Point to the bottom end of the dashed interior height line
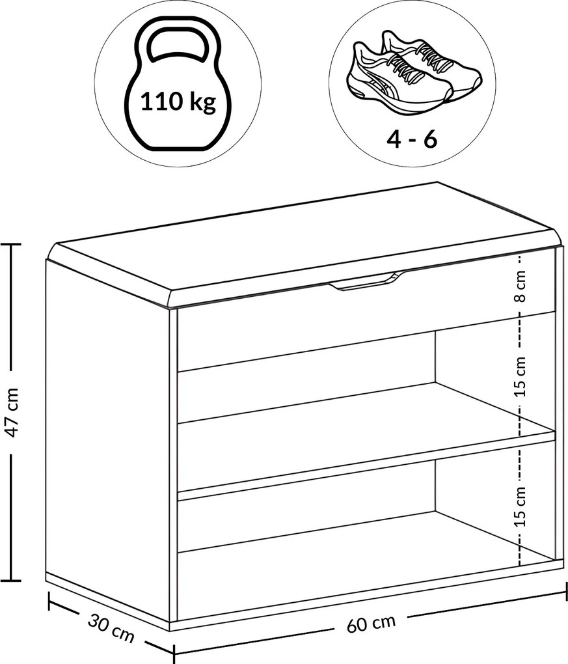pyautogui.click(x=520, y=565)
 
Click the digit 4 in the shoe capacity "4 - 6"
pyautogui.click(x=394, y=139)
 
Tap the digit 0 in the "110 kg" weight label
pyautogui.click(x=174, y=102)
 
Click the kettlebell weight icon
pyautogui.click(x=178, y=84)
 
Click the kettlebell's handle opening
pyautogui.click(x=178, y=45)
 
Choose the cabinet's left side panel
pyautogui.click(x=107, y=445)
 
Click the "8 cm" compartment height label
pyautogui.click(x=521, y=286)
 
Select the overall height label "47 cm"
pyautogui.click(x=12, y=412)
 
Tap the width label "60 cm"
pyautogui.click(x=372, y=622)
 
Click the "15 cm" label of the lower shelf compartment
pyautogui.click(x=521, y=506)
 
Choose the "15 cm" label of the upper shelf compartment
pyautogui.click(x=521, y=376)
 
